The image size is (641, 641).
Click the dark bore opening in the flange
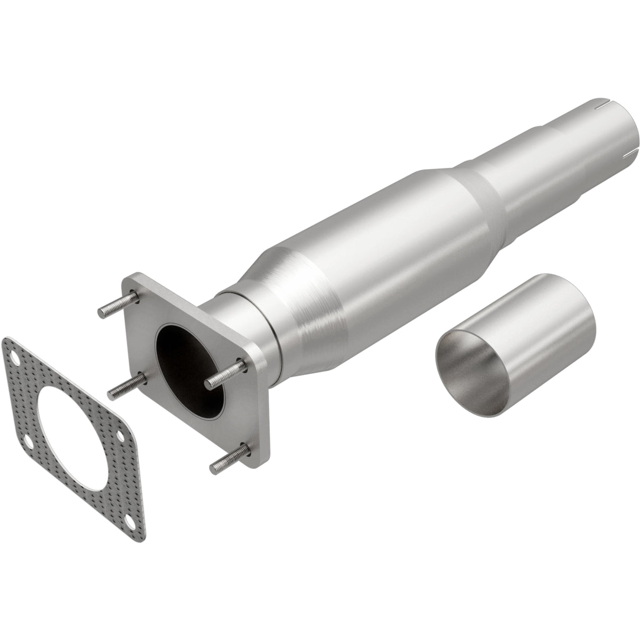coord(187,370)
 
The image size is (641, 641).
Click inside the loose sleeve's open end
coord(470,364)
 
